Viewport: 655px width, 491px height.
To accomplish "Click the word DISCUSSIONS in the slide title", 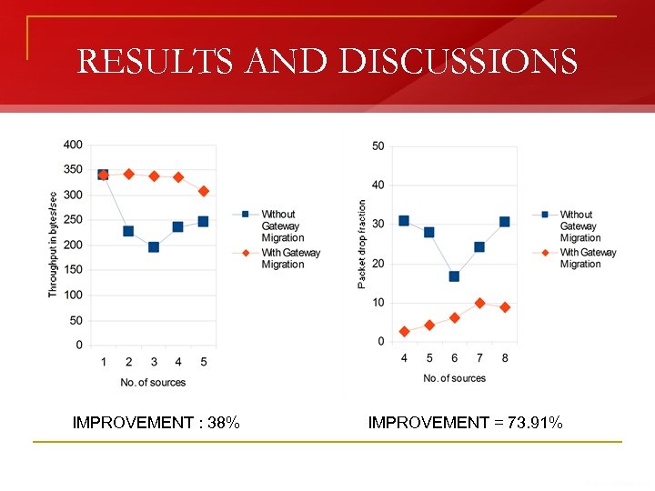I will pos(458,62).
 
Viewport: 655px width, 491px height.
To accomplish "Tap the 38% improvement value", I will pos(224,422).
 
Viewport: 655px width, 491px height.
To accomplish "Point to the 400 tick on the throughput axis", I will pos(73,145).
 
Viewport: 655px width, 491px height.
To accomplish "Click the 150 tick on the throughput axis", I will pos(73,270).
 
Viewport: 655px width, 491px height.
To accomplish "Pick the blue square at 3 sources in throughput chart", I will pos(154,247).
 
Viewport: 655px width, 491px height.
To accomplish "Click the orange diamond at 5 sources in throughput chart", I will pos(204,191).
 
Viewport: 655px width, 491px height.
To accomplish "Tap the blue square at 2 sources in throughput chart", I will pos(128,231).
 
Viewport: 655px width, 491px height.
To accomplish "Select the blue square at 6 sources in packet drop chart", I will pos(454,276).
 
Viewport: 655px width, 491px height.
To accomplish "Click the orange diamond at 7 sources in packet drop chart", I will pos(479,303).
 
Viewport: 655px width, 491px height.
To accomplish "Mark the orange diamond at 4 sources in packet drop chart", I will pos(404,332).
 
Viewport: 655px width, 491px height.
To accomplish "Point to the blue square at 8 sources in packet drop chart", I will pos(505,222).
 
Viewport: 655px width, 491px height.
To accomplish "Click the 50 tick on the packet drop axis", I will pos(378,146).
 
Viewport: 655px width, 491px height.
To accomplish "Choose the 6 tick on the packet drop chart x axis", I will pos(454,358).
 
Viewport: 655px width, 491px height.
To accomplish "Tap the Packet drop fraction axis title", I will pos(362,244).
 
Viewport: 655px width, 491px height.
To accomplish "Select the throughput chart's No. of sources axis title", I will pos(153,383).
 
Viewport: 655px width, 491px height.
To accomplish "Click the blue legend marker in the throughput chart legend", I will pos(245,215).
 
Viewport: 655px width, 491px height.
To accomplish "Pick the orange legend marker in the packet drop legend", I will pos(544,253).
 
